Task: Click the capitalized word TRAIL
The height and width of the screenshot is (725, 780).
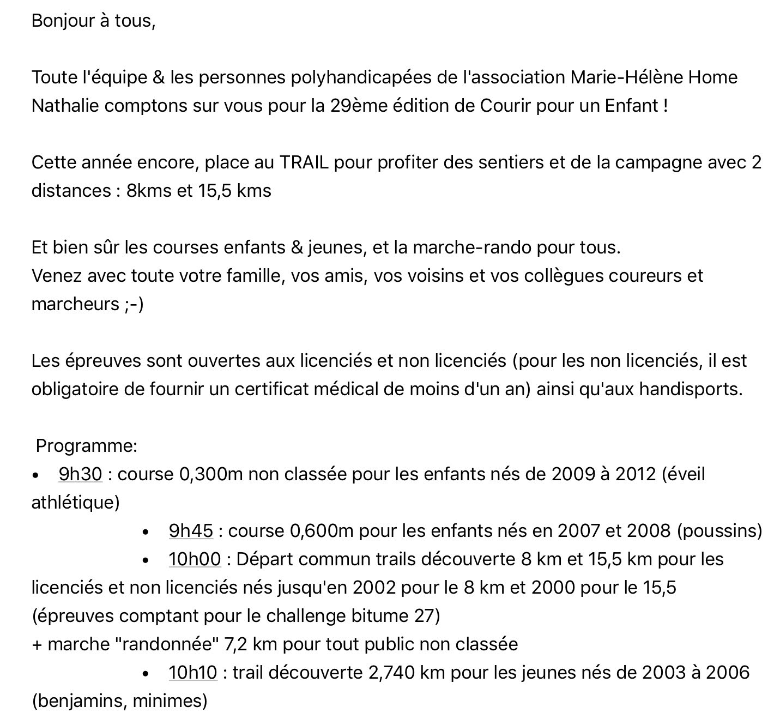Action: [x=304, y=162]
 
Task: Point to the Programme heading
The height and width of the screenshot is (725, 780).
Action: [x=87, y=446]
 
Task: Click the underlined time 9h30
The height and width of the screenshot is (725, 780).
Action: [x=80, y=474]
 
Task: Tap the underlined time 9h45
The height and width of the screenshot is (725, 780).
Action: [x=191, y=531]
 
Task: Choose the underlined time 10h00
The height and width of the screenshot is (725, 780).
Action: [x=195, y=559]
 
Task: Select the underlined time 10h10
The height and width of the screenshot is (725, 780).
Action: [x=192, y=673]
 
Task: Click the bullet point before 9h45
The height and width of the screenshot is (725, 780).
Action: [x=146, y=531]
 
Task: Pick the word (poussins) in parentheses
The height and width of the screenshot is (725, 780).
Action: [x=719, y=531]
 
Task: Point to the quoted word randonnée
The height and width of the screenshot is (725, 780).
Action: [x=166, y=644]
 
